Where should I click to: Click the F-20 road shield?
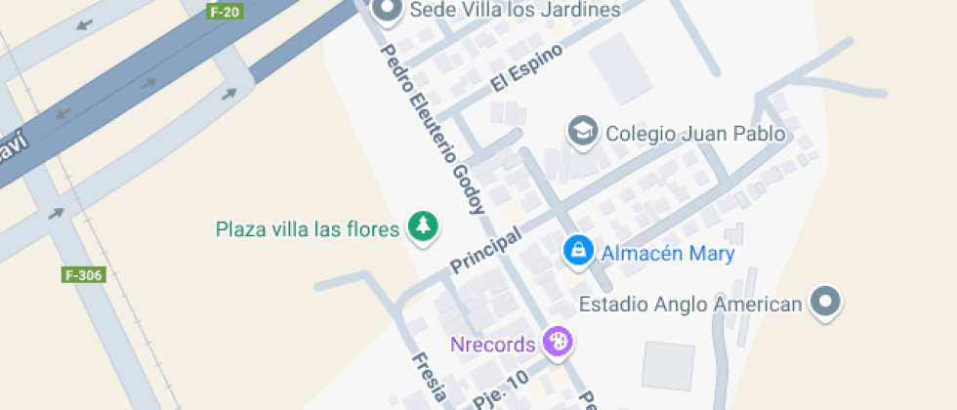(x=226, y=12)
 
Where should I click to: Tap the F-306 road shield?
(x=83, y=275)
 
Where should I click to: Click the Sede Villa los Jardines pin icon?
(x=389, y=10)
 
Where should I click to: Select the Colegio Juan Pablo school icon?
(x=583, y=132)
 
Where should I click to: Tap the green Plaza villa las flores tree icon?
(x=423, y=227)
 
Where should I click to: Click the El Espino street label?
(x=527, y=69)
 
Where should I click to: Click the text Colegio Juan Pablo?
(x=695, y=133)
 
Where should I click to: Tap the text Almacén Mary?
(x=667, y=254)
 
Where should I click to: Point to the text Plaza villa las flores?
(x=308, y=229)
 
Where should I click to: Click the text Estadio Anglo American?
(x=690, y=305)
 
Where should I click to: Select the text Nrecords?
(x=492, y=344)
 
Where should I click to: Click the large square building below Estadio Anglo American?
(x=668, y=364)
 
